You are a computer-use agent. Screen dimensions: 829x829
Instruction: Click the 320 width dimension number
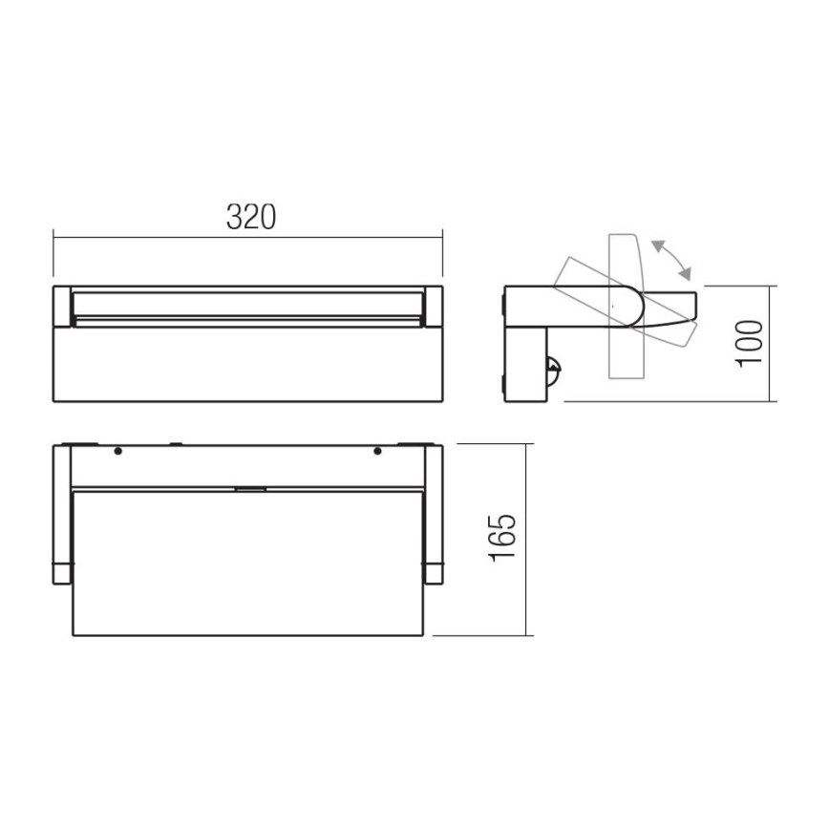pos(250,218)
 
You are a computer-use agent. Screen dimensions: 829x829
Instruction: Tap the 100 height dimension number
pos(751,341)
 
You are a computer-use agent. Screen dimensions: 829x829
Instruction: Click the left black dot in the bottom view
pos(117,451)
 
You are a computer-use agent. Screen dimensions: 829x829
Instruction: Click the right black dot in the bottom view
pos(377,451)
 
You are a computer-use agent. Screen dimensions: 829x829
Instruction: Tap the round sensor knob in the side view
pos(551,365)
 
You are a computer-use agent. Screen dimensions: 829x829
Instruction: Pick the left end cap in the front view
pos(61,306)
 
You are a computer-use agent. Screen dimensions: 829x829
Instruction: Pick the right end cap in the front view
pos(434,306)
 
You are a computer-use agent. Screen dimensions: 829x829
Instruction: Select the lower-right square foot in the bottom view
pos(433,572)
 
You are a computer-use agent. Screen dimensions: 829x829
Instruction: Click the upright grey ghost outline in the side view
pos(625,363)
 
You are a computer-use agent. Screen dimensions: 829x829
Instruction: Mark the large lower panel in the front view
pos(247,363)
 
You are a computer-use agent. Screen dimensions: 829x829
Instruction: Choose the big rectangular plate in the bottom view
pos(247,563)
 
